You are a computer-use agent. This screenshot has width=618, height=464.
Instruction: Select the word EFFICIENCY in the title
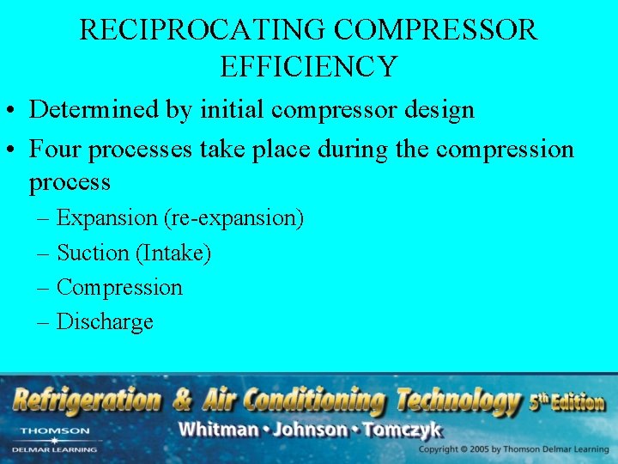click(x=308, y=66)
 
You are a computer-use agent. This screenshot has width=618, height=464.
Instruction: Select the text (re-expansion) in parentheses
click(x=233, y=218)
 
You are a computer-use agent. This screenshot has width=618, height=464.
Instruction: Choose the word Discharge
click(x=105, y=322)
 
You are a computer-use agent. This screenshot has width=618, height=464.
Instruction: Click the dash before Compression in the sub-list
click(x=44, y=288)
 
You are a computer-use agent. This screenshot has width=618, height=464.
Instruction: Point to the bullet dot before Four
click(x=12, y=150)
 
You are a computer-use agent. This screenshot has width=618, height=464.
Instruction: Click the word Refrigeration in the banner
click(x=86, y=400)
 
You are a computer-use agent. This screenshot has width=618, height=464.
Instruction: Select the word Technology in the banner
click(x=457, y=400)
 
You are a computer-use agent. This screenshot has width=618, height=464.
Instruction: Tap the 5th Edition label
click(x=566, y=401)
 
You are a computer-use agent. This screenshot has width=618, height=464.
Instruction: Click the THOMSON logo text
click(x=54, y=430)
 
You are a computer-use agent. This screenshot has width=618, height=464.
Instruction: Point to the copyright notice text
click(x=512, y=449)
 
